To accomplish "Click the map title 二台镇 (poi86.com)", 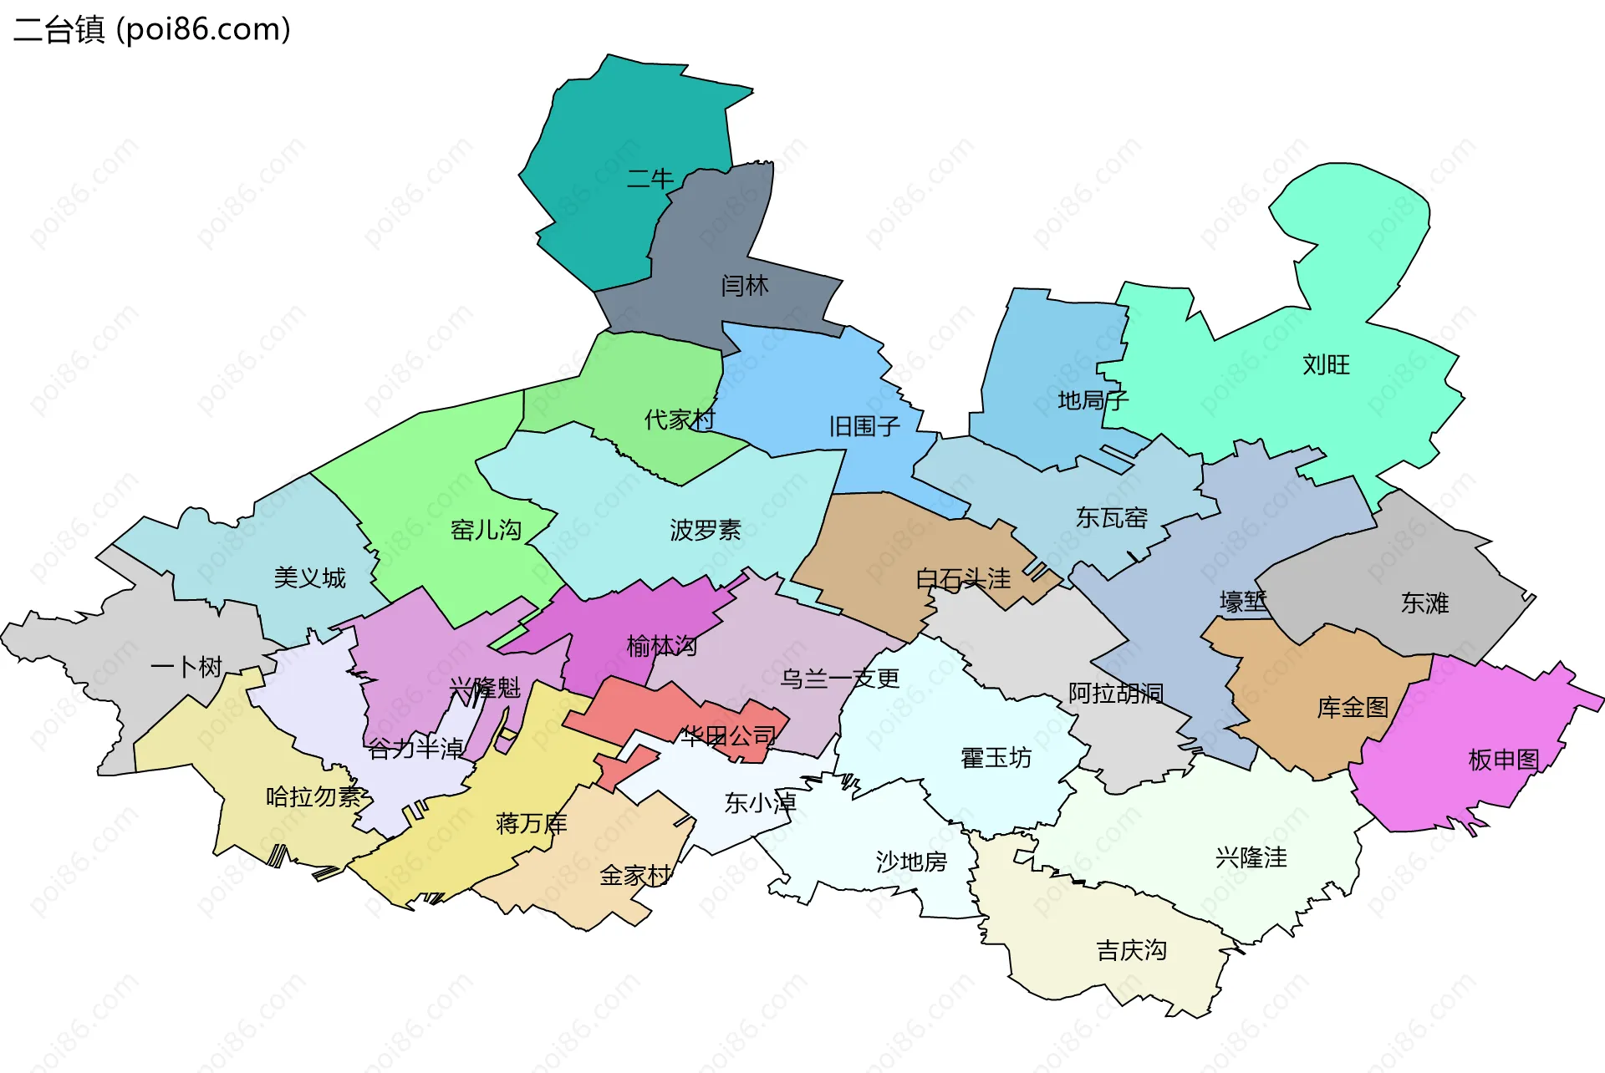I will [x=152, y=29].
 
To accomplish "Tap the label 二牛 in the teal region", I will [x=650, y=179].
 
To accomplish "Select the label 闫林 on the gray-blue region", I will [x=744, y=286].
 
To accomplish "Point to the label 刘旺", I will [x=1326, y=365].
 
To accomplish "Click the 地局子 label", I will [x=1092, y=401].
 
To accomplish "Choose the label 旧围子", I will [x=864, y=427].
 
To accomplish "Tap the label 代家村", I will [x=680, y=420].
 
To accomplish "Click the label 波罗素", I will [x=705, y=530].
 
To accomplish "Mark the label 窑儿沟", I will [x=486, y=530].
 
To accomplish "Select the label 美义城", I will [x=309, y=578].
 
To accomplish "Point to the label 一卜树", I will [x=186, y=667].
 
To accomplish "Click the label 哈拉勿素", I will [x=313, y=797].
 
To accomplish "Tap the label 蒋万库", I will [x=531, y=824].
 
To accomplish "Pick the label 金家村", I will [x=635, y=876].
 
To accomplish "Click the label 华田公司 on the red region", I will [x=728, y=736].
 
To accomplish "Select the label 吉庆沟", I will [x=1131, y=950].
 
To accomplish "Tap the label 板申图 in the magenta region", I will [x=1503, y=760].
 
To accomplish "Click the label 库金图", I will [x=1352, y=708].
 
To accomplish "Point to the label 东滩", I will [x=1424, y=603].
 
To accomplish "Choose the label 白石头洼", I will [x=963, y=579].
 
